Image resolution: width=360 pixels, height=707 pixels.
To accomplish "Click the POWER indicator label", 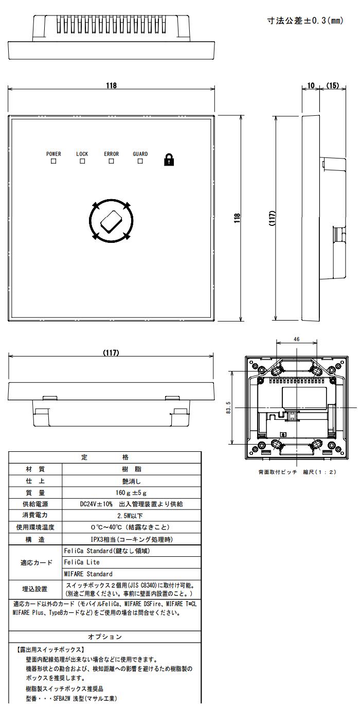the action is [53, 154].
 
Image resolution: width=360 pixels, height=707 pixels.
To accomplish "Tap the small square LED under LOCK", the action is [82, 161].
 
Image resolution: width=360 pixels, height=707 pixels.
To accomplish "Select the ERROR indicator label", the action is [112, 154].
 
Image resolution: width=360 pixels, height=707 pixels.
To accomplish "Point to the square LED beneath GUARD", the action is [140, 161].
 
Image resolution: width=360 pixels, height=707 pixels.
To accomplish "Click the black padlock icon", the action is [169, 160].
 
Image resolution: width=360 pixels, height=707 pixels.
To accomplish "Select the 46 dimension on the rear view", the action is [297, 339].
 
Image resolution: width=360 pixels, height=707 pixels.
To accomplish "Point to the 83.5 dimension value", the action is [228, 407].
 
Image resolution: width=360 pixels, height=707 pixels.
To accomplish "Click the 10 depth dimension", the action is [311, 85].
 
